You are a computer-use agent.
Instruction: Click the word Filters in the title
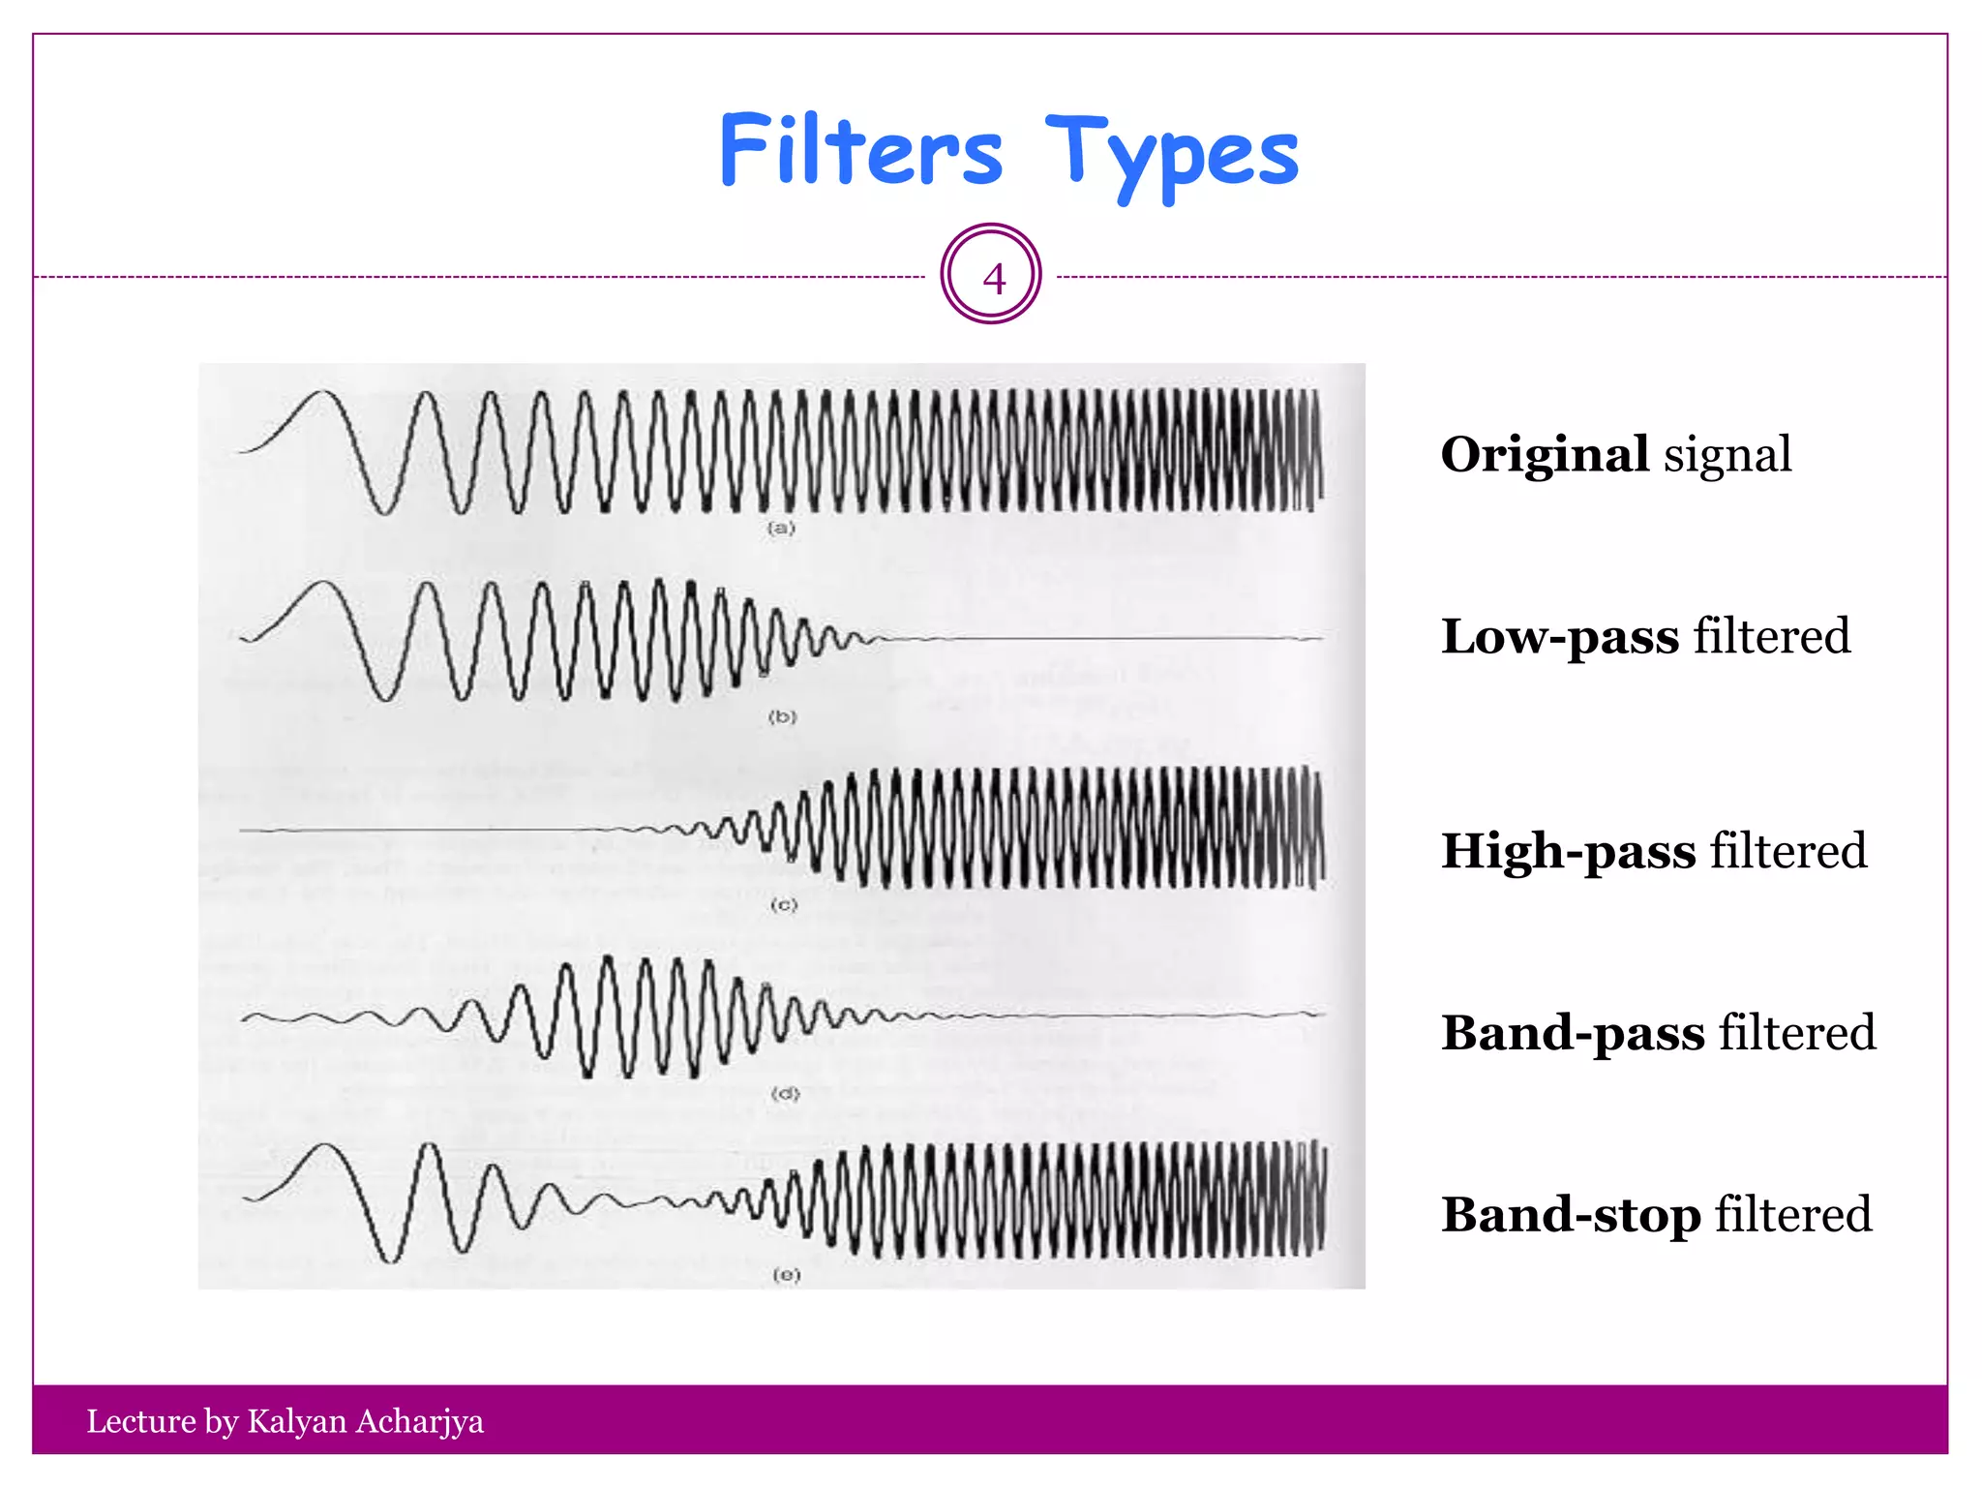pos(860,151)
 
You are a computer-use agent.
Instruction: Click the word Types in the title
pos(1172,155)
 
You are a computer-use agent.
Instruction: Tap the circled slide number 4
pos(992,277)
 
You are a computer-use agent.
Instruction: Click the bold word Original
pos(1545,454)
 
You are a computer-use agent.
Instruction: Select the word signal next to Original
pos(1727,455)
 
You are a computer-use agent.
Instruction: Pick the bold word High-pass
pos(1568,851)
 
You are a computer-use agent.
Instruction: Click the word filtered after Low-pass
pos(1771,636)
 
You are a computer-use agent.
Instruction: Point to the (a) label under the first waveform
pos(781,529)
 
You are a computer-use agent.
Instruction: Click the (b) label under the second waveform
pos(783,717)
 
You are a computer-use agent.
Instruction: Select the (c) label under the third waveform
pos(784,906)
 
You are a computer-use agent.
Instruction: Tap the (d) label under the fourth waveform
pos(786,1094)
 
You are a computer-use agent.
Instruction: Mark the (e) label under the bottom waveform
pos(787,1275)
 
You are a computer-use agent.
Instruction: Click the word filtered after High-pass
pos(1788,851)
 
